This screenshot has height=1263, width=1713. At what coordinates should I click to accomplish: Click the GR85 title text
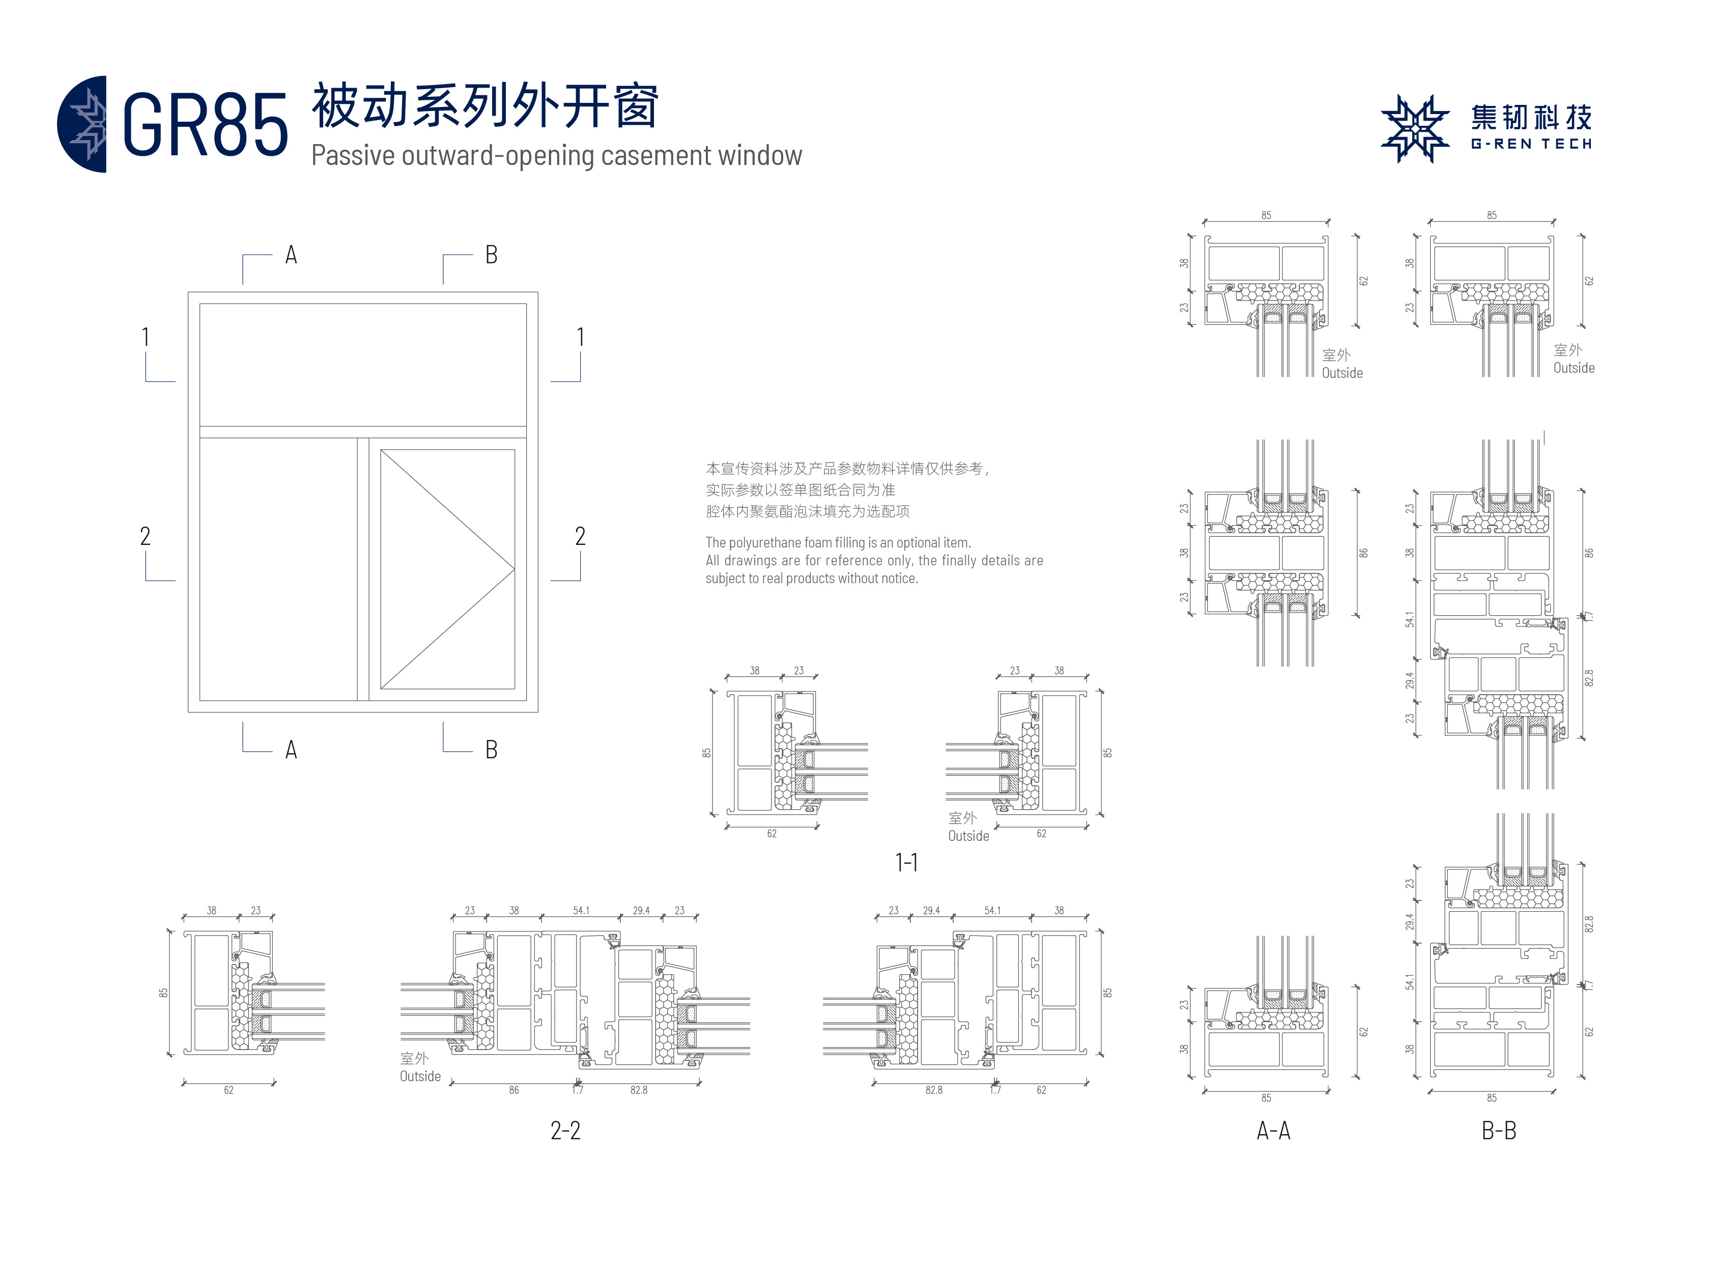tap(205, 125)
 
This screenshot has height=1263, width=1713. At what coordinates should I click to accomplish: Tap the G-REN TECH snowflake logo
tap(1414, 128)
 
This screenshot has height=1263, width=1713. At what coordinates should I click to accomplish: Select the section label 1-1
tap(906, 862)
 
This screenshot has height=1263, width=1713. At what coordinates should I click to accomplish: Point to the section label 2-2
tap(565, 1130)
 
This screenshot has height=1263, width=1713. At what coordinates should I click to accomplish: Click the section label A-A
tap(1273, 1130)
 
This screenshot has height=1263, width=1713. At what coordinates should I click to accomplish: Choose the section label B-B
tap(1498, 1130)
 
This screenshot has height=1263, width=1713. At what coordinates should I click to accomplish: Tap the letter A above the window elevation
tap(291, 255)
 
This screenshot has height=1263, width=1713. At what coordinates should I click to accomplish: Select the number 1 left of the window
tap(145, 337)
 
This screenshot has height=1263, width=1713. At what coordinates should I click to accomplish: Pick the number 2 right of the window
tap(580, 536)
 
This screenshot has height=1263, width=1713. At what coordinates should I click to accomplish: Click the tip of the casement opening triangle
tap(513, 569)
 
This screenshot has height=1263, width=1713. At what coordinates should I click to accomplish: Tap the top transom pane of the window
tap(363, 365)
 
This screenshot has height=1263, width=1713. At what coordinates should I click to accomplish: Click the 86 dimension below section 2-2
tap(513, 1089)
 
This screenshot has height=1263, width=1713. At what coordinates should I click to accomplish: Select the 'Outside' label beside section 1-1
tap(968, 836)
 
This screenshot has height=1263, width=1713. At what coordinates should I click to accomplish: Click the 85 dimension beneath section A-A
tap(1266, 1098)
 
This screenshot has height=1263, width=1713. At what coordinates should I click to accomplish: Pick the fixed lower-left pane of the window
tap(278, 569)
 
